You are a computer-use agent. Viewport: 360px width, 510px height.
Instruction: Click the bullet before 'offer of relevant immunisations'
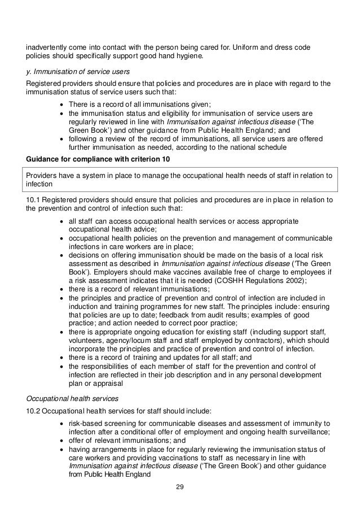pos(61,441)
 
